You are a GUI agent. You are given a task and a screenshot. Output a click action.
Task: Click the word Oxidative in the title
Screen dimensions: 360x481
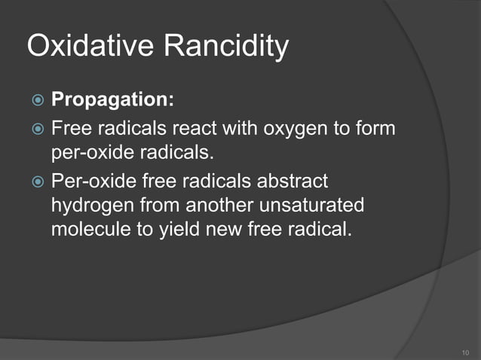click(x=91, y=47)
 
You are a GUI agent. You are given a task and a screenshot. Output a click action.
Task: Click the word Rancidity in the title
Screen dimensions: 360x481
click(x=226, y=47)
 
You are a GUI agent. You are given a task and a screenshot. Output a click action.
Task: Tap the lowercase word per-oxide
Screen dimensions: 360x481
click(x=87, y=154)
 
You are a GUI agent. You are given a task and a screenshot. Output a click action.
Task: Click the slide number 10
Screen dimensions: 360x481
click(x=464, y=352)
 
